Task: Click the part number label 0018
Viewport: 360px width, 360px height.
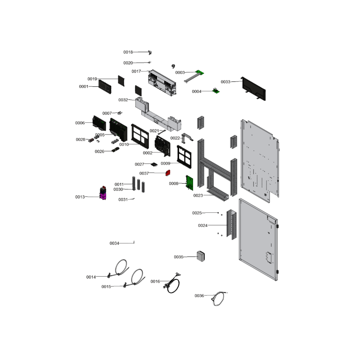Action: pos(128,52)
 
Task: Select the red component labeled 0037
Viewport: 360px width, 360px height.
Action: pos(168,173)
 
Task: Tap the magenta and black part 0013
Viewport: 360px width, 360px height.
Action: pos(103,193)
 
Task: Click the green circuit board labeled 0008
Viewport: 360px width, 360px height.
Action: pos(189,183)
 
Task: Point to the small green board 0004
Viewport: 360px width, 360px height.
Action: pos(216,91)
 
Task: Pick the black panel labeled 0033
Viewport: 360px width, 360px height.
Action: pos(253,89)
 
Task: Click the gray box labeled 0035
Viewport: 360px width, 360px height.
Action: pos(201,256)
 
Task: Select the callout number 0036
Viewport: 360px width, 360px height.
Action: pos(199,296)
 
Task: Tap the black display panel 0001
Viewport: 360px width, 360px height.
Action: pos(105,86)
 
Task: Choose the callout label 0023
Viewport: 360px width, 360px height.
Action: pos(198,195)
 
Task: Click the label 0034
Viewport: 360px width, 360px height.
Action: pos(114,243)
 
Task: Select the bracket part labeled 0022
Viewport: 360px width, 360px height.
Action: pos(187,138)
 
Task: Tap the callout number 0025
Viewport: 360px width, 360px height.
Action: pos(197,213)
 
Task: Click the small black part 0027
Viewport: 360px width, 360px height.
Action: pos(154,164)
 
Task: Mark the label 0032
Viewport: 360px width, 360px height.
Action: pos(123,100)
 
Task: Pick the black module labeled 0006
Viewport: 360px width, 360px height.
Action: pos(99,123)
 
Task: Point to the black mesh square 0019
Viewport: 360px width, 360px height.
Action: pos(121,81)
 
